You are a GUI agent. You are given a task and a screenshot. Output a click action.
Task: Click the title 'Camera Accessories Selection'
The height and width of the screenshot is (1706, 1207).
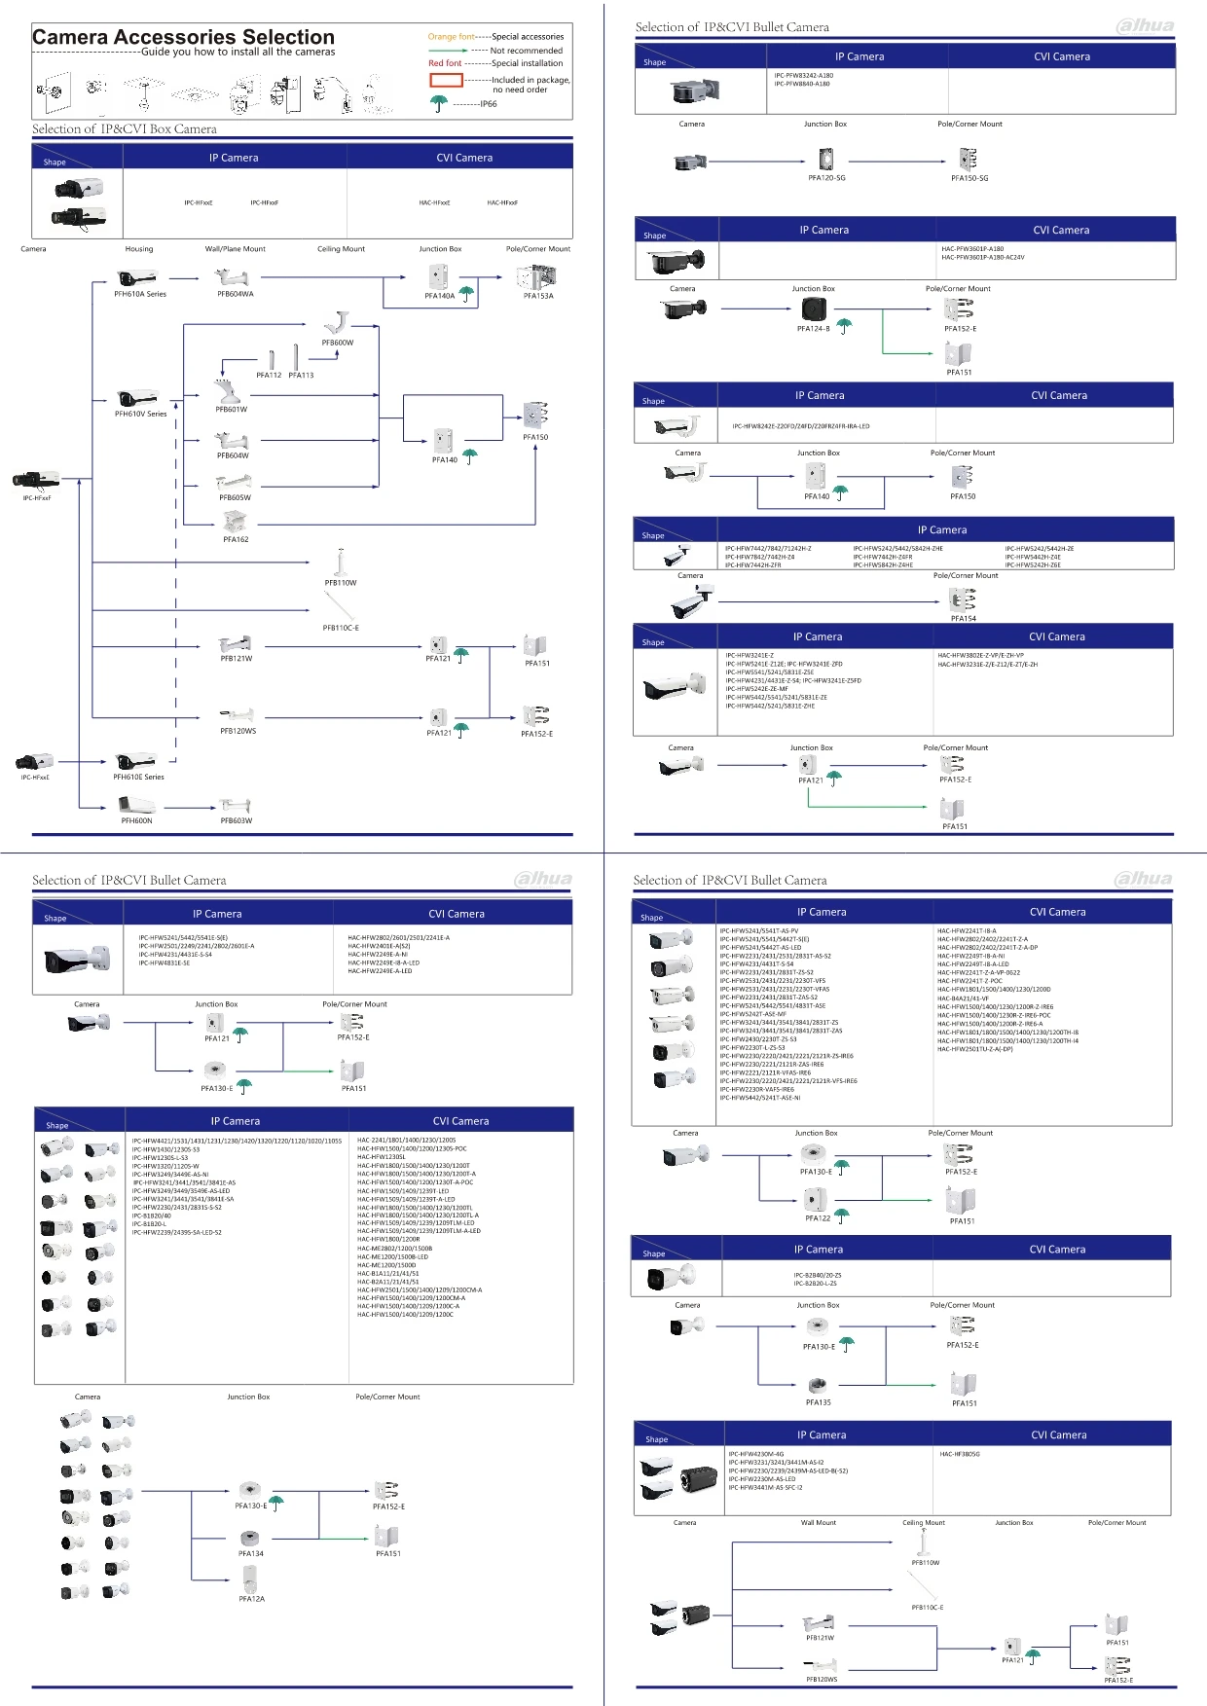click(183, 37)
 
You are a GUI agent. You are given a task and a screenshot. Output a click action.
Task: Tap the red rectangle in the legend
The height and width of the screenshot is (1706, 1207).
click(446, 80)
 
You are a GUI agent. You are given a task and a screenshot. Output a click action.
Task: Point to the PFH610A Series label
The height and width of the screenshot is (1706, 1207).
click(140, 294)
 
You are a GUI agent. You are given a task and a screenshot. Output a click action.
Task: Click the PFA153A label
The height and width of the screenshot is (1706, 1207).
click(538, 296)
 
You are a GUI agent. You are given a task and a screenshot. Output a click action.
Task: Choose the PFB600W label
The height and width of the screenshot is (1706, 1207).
click(338, 343)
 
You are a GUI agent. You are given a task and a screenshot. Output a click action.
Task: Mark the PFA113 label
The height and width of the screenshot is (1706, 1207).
click(301, 376)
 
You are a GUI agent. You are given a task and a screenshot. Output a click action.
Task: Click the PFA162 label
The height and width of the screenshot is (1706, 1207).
click(236, 539)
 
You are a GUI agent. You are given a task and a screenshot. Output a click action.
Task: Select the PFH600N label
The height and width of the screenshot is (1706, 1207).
click(136, 820)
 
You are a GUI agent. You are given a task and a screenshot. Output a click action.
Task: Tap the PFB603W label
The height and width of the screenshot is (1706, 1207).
click(236, 820)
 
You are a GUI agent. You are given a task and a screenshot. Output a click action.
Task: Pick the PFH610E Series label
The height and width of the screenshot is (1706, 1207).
click(138, 777)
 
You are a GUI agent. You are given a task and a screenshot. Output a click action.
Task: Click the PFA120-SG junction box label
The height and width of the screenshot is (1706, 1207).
click(826, 178)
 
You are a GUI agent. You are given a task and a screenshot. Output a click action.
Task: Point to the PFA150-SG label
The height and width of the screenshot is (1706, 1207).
click(969, 178)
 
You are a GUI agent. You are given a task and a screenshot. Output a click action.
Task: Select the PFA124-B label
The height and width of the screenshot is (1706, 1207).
click(814, 329)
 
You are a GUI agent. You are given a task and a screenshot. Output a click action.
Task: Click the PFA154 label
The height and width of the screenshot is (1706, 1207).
click(964, 618)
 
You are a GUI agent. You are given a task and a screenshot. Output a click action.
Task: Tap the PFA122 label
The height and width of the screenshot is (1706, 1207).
click(818, 1218)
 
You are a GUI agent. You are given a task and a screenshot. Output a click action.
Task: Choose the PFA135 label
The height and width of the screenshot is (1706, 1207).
click(819, 1402)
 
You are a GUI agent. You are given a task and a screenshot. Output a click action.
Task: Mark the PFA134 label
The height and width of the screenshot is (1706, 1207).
click(251, 1553)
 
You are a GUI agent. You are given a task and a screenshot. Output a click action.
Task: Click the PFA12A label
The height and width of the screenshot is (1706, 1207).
click(251, 1599)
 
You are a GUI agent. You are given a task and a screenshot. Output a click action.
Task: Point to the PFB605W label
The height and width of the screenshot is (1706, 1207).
click(235, 497)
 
